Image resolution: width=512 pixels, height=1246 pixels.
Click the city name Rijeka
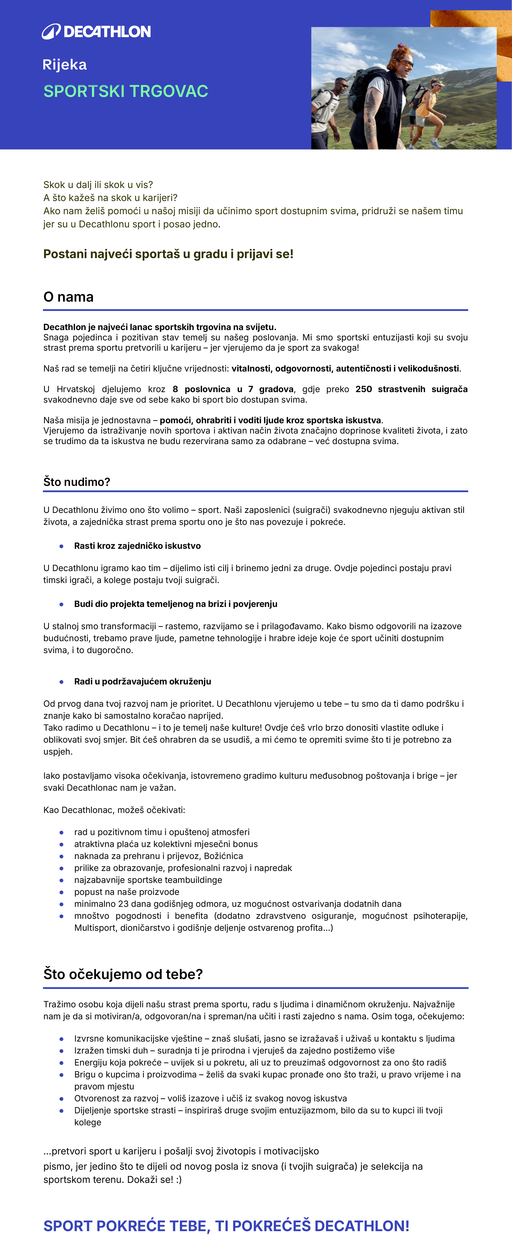(64, 65)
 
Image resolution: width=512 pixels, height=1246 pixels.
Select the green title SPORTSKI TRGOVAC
(126, 91)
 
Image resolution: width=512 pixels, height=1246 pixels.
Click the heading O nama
(68, 297)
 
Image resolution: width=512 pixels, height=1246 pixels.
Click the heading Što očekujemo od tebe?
(123, 974)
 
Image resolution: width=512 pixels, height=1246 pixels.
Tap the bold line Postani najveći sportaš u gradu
(168, 254)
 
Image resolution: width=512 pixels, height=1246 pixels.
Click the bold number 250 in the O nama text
(364, 389)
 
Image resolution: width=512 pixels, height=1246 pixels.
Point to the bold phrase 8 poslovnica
(201, 389)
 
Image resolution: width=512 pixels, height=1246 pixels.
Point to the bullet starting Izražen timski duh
(234, 1051)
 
